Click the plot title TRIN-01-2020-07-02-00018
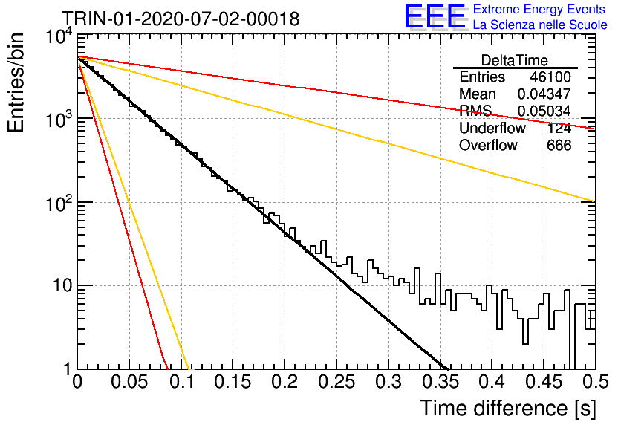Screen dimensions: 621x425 pos(181,19)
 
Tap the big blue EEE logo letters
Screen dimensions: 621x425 pos(435,16)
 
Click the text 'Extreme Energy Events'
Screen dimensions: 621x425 pos(539,9)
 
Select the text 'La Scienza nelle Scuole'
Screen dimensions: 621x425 pos(540,25)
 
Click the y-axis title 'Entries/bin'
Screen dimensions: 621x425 pos(16,82)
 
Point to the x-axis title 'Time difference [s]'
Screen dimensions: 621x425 pos(508,409)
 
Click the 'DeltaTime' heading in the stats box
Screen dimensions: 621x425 pos(514,61)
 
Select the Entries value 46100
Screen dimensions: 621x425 pos(550,77)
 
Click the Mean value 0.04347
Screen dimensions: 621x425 pos(544,94)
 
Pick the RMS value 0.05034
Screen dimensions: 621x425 pos(544,111)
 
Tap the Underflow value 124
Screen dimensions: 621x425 pos(559,128)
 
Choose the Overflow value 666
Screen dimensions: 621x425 pos(559,146)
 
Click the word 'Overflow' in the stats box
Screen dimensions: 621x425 pos(488,146)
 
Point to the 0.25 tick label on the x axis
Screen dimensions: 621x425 pos(336,382)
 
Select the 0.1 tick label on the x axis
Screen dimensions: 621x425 pos(181,382)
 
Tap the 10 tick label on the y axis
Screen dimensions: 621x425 pos(62,285)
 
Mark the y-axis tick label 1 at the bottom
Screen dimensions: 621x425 pos(67,369)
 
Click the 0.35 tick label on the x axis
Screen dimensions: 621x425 pos(440,382)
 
